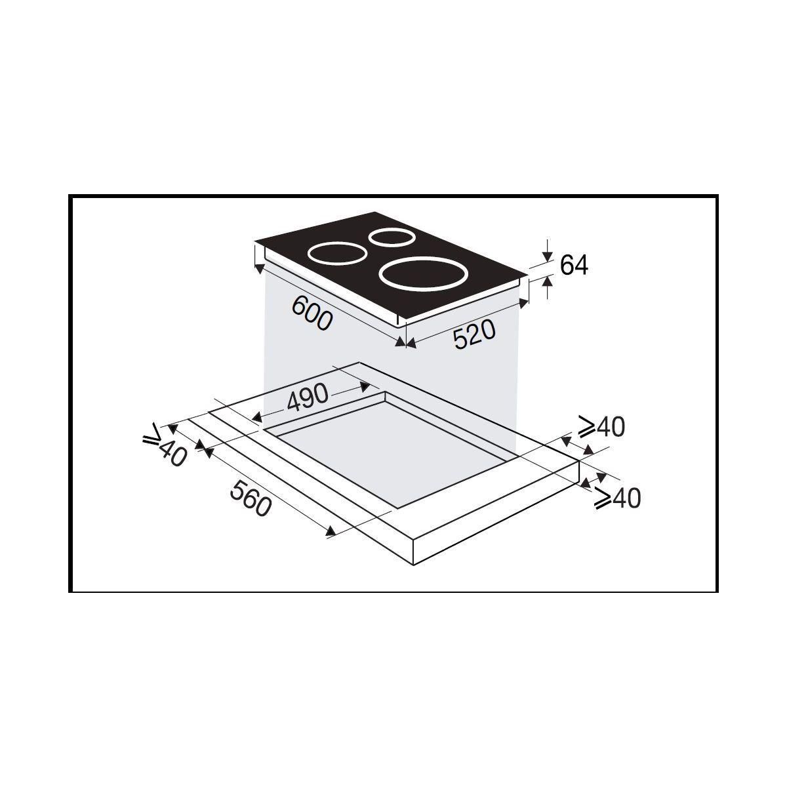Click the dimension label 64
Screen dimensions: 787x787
(x=574, y=265)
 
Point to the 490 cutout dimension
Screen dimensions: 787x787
(x=306, y=395)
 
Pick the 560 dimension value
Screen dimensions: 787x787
(x=250, y=496)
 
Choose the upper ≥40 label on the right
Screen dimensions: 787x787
(x=601, y=428)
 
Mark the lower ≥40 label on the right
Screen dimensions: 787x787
(x=616, y=498)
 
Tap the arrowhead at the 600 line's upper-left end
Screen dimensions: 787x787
(x=259, y=268)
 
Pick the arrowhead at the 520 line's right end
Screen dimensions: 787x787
(x=523, y=302)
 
